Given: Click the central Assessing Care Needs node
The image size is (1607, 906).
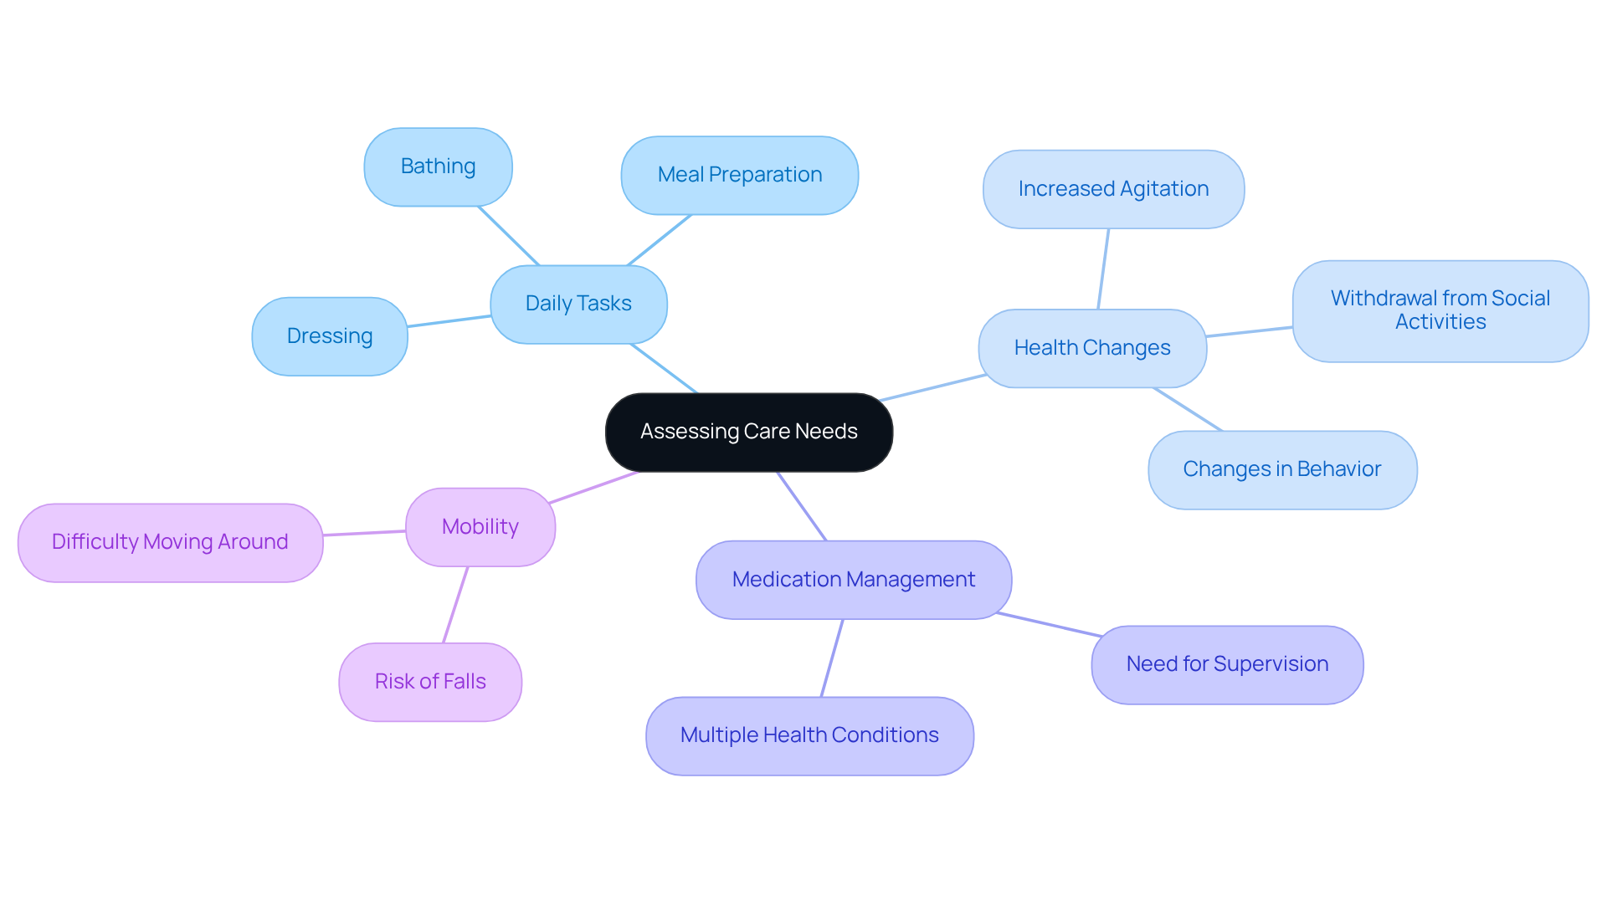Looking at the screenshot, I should pos(748,432).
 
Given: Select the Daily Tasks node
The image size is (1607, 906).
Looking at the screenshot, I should pos(578,304).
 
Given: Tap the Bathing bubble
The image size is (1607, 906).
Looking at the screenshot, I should pos(438,166).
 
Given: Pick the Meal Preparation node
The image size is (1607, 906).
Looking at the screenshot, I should pos(739,175).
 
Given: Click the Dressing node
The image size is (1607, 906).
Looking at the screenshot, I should pos(329,336).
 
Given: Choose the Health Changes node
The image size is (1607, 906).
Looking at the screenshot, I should pos(1091,348).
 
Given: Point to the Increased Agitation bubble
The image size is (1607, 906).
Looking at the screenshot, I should pos(1112,189).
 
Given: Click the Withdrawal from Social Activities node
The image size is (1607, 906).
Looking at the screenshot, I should pos(1440,310).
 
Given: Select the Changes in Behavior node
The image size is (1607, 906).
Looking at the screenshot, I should pos(1281,469).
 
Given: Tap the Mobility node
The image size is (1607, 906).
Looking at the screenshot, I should pos(480,527).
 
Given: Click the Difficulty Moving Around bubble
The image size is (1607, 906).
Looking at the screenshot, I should pos(170,542).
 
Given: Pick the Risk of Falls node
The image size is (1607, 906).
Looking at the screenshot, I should pos(430,682).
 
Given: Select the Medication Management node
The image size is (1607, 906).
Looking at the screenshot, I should pos(853,580).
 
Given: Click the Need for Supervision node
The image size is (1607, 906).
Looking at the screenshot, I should pos(1226,664).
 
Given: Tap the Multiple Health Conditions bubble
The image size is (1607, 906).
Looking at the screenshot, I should pos(809,735).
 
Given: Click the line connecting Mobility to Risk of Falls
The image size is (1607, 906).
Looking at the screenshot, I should pos(455,605).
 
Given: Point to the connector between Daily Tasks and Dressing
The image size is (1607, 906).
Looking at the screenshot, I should pos(449,321).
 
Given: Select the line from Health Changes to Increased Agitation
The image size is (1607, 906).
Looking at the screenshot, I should pos(1103,269).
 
